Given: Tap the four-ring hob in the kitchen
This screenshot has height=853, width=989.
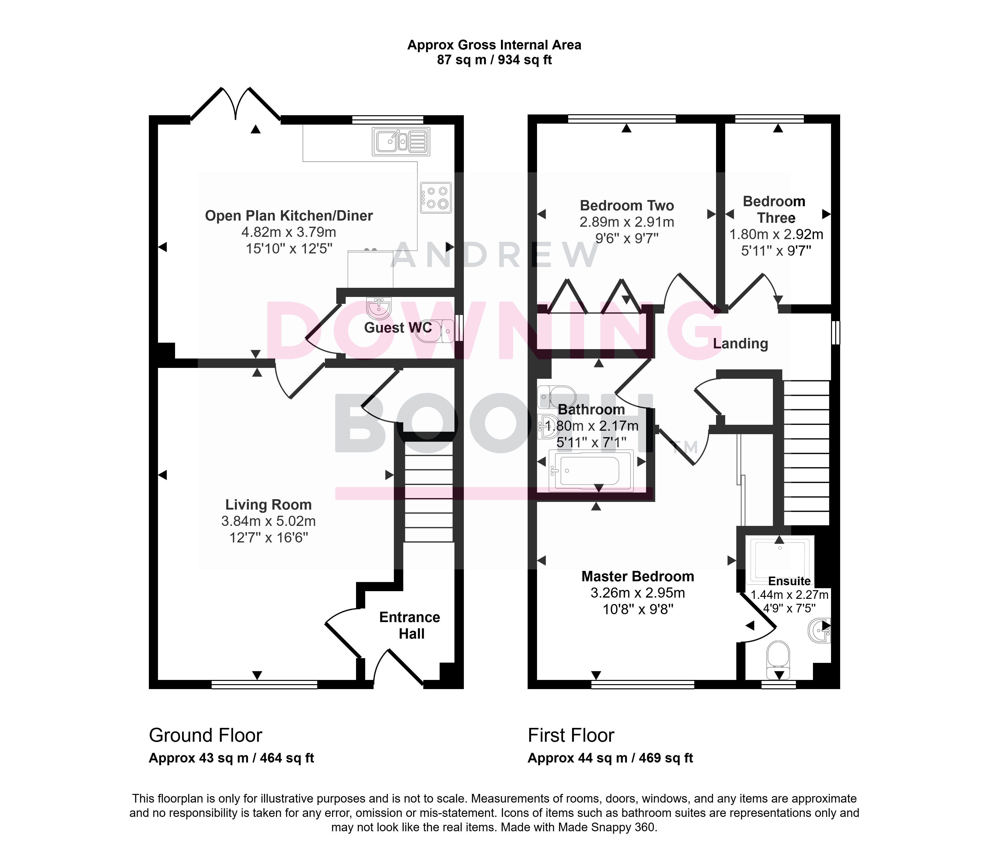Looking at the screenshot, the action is pyautogui.click(x=436, y=198).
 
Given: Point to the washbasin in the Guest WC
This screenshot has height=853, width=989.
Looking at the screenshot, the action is pyautogui.click(x=380, y=308).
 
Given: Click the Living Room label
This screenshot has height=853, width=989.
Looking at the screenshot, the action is pyautogui.click(x=268, y=505).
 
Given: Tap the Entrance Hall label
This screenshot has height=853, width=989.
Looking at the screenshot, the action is pyautogui.click(x=409, y=625).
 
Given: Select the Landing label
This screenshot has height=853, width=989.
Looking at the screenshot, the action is pyautogui.click(x=740, y=344).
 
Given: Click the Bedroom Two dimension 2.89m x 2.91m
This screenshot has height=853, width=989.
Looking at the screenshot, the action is pyautogui.click(x=627, y=222).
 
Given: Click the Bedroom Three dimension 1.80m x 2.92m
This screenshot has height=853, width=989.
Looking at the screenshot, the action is pyautogui.click(x=776, y=234).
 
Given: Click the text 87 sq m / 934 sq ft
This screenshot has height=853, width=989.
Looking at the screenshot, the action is pyautogui.click(x=494, y=60).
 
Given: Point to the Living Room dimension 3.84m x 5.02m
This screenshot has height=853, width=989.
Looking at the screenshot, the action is pyautogui.click(x=268, y=521).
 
